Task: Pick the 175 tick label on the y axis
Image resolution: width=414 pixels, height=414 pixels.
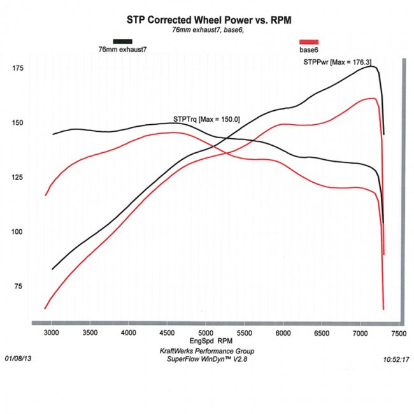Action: pyautogui.click(x=18, y=68)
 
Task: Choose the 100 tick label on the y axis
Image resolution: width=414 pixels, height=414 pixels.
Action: pyautogui.click(x=18, y=232)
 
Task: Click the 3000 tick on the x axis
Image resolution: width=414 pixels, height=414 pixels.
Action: pyautogui.click(x=52, y=333)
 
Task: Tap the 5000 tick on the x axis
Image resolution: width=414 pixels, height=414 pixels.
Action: pyautogui.click(x=206, y=333)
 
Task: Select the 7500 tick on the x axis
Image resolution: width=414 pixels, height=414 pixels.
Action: pyautogui.click(x=399, y=333)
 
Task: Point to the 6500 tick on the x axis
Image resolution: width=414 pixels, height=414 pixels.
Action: pyautogui.click(x=322, y=333)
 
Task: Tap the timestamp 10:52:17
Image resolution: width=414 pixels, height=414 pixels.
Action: pyautogui.click(x=396, y=359)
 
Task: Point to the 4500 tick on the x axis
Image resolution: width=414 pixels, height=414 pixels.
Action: pyautogui.click(x=168, y=333)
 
